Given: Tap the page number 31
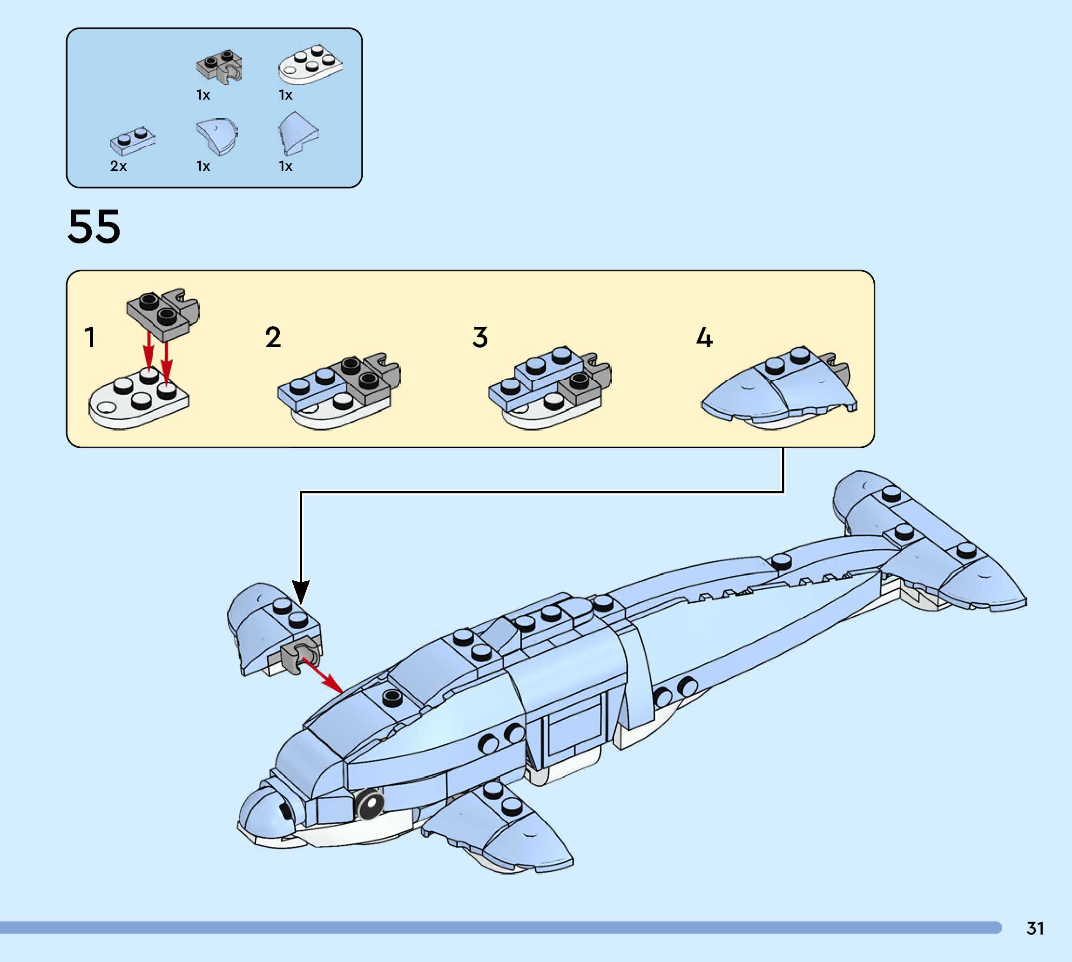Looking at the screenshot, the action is click(x=1035, y=928).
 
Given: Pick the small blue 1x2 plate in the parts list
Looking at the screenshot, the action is click(x=132, y=141).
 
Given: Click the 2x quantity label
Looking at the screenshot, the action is click(x=118, y=166).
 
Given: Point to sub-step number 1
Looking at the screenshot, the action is click(x=90, y=337).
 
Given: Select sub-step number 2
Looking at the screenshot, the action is click(x=273, y=337).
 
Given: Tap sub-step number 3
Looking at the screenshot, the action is click(x=479, y=337).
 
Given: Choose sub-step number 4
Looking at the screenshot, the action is click(x=704, y=337).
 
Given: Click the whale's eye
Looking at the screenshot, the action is click(x=370, y=804).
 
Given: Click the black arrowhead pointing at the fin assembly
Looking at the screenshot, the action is click(x=301, y=592).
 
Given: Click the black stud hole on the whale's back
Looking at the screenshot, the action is click(x=391, y=697).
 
